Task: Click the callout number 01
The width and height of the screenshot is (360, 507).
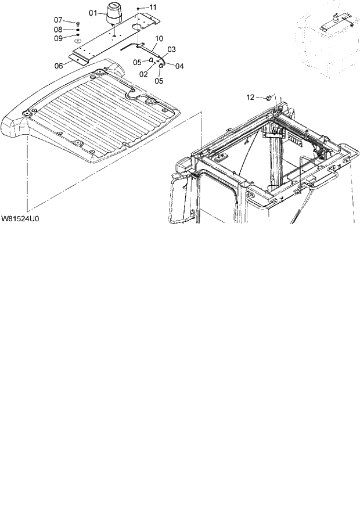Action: (93, 12)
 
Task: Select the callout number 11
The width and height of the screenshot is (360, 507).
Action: (153, 7)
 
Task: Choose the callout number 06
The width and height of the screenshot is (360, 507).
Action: (59, 66)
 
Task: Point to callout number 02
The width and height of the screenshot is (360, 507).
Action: (143, 74)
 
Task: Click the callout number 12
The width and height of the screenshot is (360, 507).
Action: (251, 97)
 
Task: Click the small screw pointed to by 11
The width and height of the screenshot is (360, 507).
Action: (138, 9)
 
